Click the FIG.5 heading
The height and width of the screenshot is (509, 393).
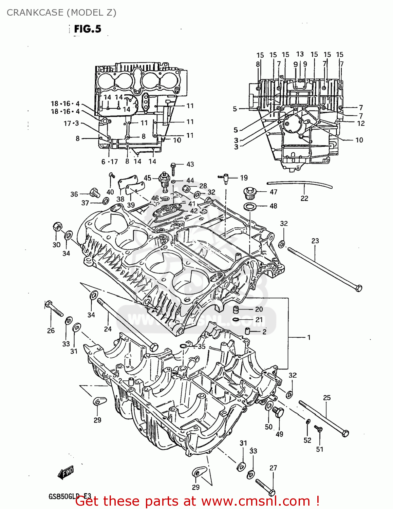tap(88, 29)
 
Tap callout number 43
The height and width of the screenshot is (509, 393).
tap(190, 164)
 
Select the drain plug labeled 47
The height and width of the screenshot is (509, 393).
tap(250, 192)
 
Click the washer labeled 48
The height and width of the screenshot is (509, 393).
tap(250, 206)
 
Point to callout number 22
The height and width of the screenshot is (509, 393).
tap(304, 198)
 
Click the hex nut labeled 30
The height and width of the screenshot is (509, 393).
tap(57, 227)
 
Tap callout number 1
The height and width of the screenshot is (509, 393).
tap(309, 337)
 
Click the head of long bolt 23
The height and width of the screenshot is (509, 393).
tap(358, 288)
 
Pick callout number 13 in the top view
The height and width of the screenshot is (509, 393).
tap(300, 54)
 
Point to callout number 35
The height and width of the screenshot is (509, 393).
tap(202, 346)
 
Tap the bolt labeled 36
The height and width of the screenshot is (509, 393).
tap(95, 193)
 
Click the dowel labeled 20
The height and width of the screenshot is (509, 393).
tap(236, 309)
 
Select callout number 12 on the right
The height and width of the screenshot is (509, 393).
tap(361, 124)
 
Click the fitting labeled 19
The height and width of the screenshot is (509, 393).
tap(225, 177)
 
